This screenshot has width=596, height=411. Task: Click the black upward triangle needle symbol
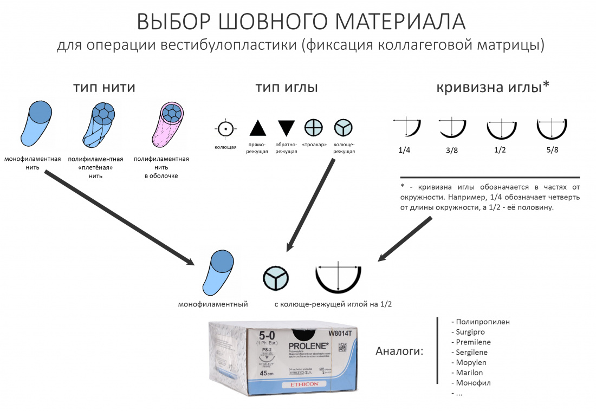pyautogui.click(x=257, y=128)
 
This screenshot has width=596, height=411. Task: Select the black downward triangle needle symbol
pyautogui.click(x=286, y=128)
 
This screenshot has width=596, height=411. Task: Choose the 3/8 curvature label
pyautogui.click(x=452, y=151)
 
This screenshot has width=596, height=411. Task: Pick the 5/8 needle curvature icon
pyautogui.click(x=552, y=128)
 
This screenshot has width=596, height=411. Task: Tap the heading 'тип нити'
pyautogui.click(x=104, y=87)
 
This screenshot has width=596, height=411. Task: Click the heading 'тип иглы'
pyautogui.click(x=287, y=87)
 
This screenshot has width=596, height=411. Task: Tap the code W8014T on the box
pyautogui.click(x=340, y=333)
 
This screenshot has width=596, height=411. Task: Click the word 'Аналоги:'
pyautogui.click(x=399, y=352)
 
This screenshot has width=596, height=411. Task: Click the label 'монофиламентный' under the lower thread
pyautogui.click(x=213, y=304)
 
